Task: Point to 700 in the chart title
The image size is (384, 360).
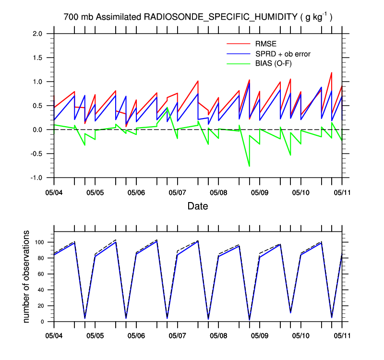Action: (x=71, y=17)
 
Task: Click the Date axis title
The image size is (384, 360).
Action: (x=198, y=206)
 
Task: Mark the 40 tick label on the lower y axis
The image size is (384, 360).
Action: (x=42, y=290)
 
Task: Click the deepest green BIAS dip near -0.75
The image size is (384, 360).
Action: (x=249, y=166)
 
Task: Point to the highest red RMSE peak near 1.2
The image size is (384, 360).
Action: (x=332, y=73)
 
